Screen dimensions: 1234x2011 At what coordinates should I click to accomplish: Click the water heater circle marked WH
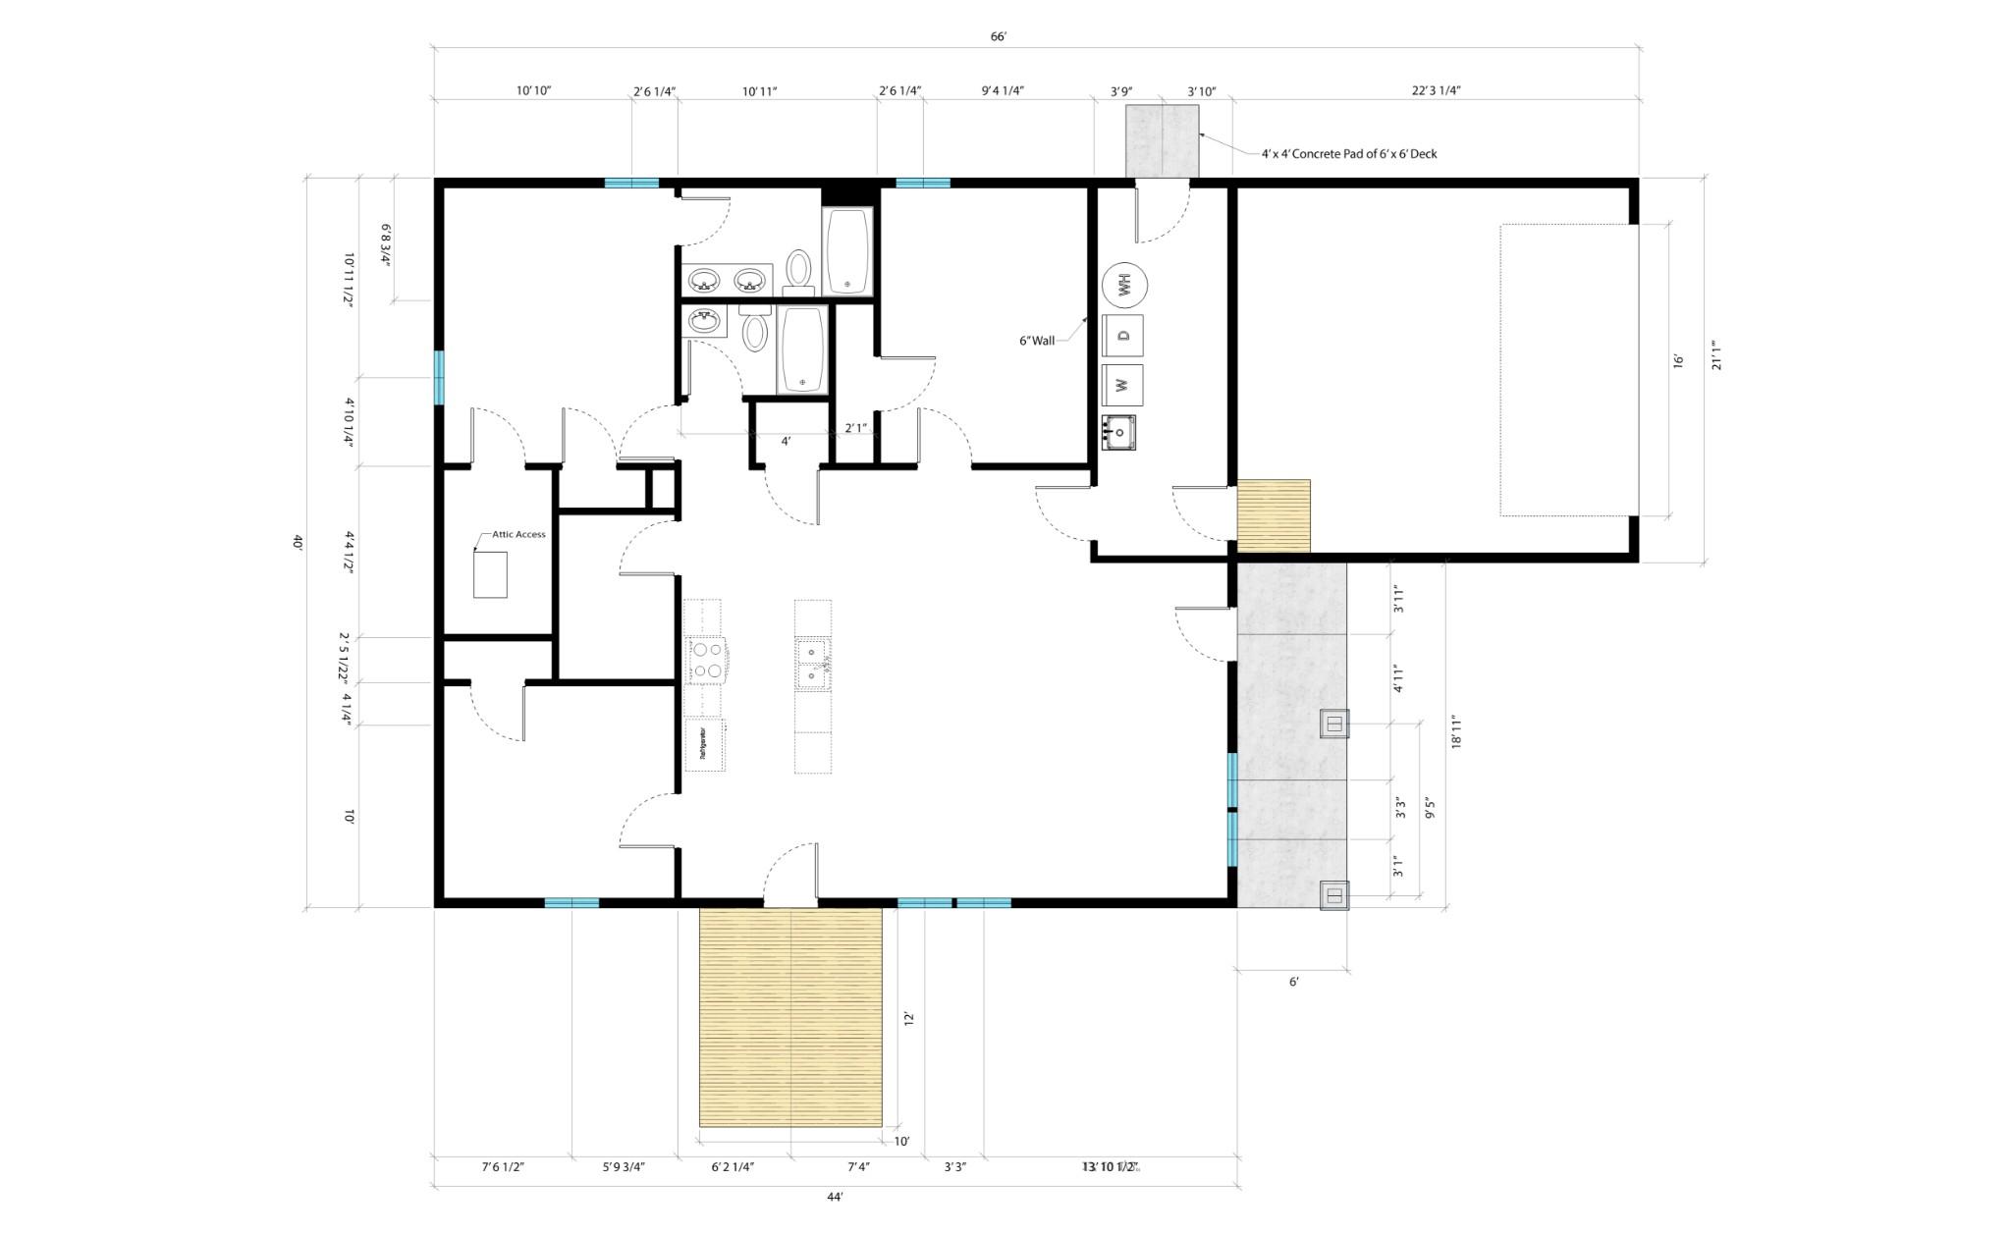click(x=1125, y=286)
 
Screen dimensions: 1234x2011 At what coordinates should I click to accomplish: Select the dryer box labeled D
click(x=1123, y=336)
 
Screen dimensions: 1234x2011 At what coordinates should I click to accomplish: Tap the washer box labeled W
click(x=1123, y=385)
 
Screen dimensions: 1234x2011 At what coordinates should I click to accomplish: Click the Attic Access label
click(x=517, y=534)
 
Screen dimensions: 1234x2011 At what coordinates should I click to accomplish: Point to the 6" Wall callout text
click(x=1036, y=341)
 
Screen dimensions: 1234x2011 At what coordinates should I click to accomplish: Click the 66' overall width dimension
click(x=998, y=37)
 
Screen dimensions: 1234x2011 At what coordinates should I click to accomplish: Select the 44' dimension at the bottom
click(x=835, y=1197)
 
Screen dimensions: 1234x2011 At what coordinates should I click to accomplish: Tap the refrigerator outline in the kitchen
click(x=705, y=745)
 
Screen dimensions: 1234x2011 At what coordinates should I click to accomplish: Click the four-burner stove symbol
click(x=706, y=660)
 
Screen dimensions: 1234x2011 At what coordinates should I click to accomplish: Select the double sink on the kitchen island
click(x=811, y=663)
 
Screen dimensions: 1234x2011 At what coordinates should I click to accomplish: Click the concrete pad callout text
click(x=1348, y=154)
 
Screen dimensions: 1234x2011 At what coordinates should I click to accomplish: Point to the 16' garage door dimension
click(x=1678, y=361)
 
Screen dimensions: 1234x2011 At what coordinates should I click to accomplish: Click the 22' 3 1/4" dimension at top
click(x=1436, y=91)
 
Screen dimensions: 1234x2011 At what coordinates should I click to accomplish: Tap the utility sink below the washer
click(x=1118, y=432)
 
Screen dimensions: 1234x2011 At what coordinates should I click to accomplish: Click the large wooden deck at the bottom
click(x=790, y=1016)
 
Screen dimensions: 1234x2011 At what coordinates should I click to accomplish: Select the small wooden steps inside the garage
click(x=1273, y=515)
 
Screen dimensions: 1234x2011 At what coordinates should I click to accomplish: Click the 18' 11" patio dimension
click(x=1456, y=732)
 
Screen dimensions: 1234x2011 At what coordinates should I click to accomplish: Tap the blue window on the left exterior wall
click(x=439, y=378)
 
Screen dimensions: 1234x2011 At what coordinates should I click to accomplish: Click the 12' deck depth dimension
click(x=909, y=1019)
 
